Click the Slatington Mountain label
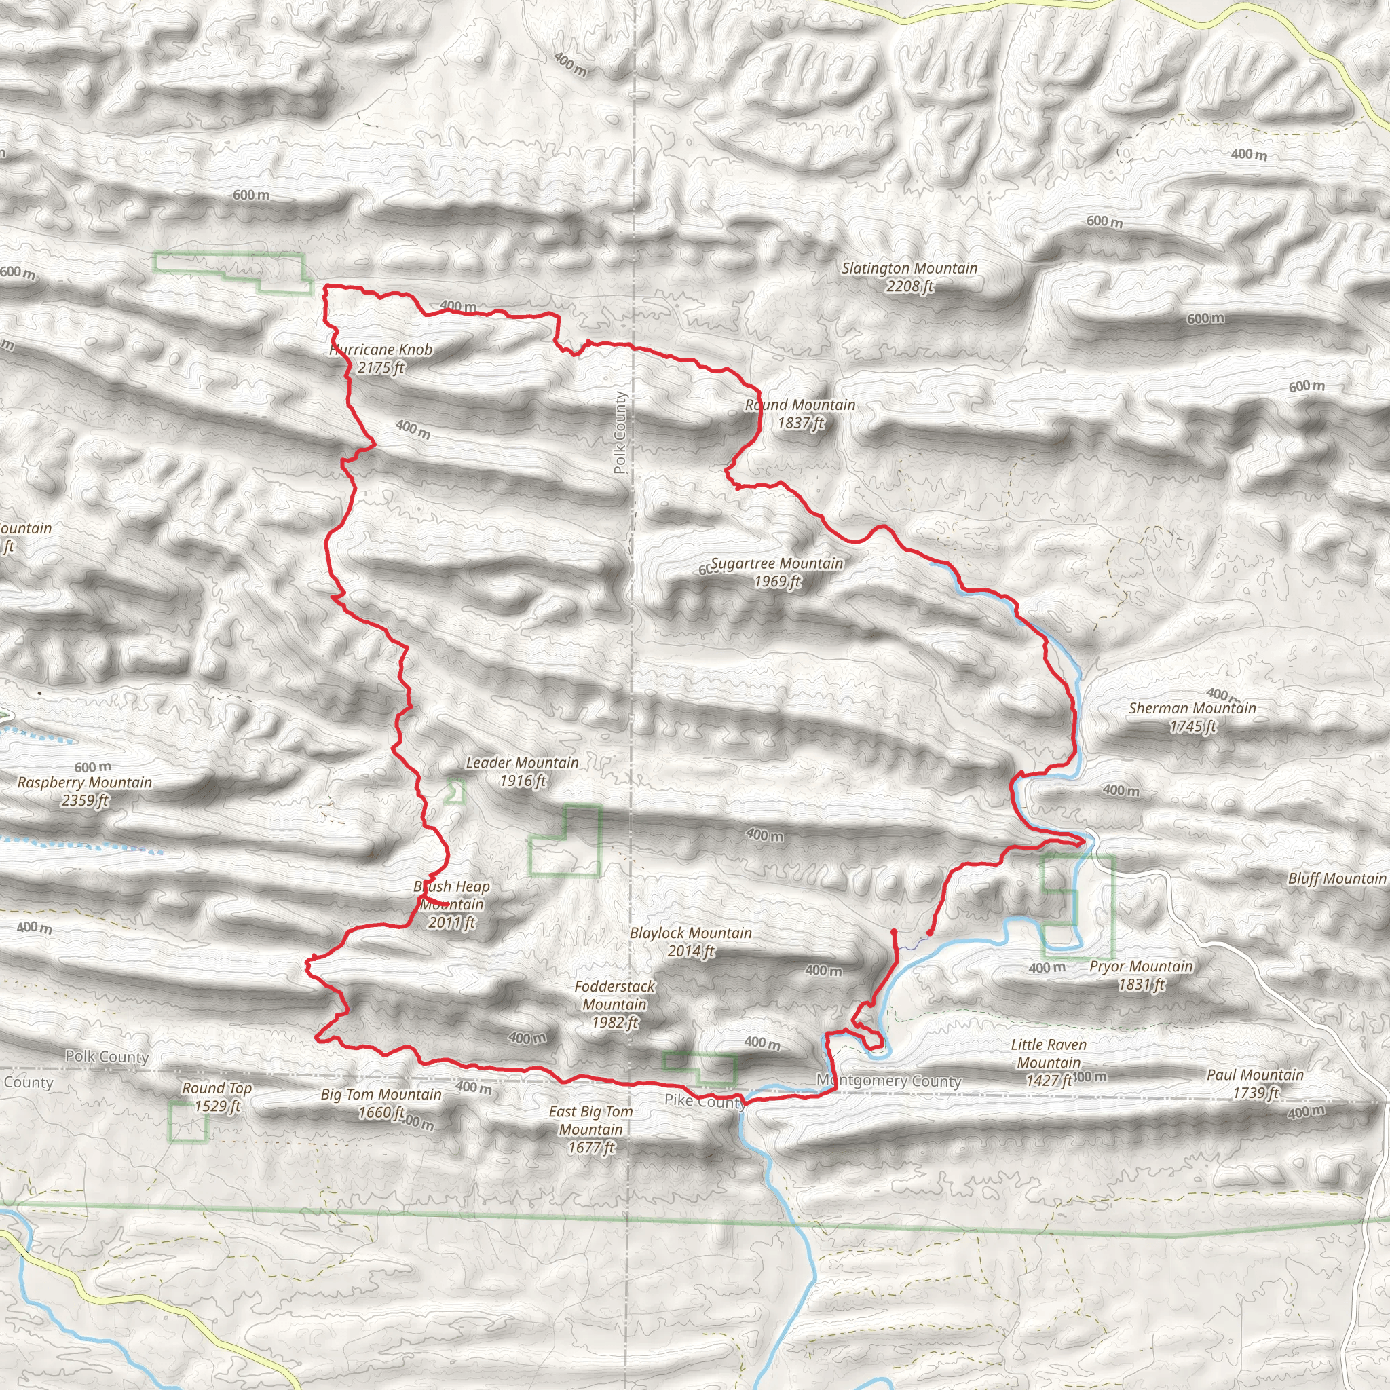909,277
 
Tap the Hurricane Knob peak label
381,358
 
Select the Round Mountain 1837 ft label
800,414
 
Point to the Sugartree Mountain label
777,572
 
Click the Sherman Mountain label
1192,717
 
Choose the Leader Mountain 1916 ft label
523,771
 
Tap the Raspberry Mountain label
85,791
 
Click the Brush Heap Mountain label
452,903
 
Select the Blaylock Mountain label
691,942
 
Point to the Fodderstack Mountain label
614,1004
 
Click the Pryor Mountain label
1141,975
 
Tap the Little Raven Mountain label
1048,1062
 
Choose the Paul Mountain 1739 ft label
1255,1083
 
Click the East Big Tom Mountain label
590,1129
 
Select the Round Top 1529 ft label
217,1097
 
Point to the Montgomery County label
888,1081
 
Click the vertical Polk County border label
620,432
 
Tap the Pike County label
705,1100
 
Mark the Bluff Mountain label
1337,878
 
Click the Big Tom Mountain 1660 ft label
381,1103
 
